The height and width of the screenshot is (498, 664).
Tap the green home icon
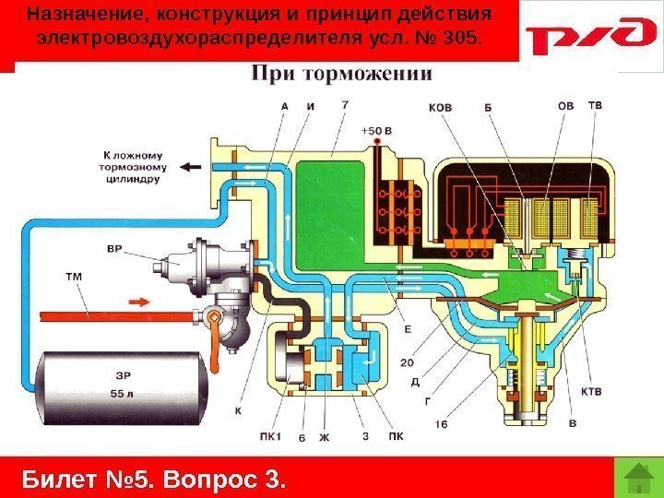[634, 478]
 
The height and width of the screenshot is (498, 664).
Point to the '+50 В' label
[377, 130]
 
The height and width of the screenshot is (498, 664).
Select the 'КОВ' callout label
[441, 107]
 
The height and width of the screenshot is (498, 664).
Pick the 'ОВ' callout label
[565, 106]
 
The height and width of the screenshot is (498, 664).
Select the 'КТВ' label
[591, 391]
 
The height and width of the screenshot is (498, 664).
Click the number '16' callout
[443, 425]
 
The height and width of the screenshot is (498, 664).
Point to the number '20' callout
[407, 362]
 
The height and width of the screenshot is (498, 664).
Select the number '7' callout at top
[344, 105]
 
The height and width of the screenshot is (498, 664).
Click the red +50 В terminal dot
[377, 142]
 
